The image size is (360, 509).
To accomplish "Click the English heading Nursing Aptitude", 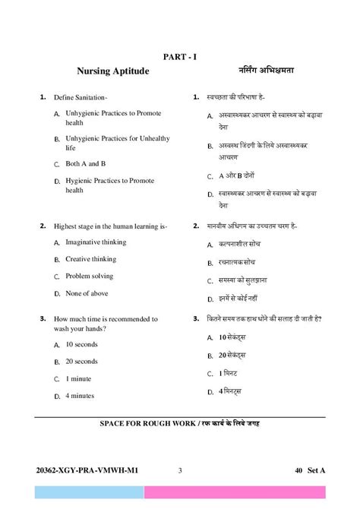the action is tap(112, 71).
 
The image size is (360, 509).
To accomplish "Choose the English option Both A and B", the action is tap(85, 163).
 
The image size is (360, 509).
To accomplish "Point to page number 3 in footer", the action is tap(180, 470).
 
